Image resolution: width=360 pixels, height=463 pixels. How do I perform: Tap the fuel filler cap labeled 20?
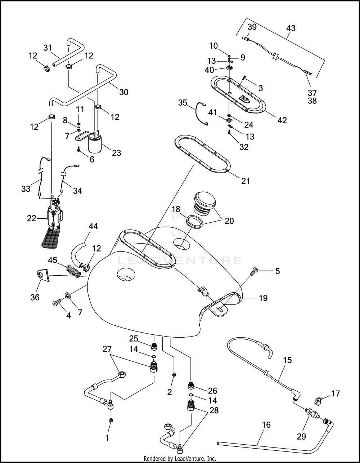204,202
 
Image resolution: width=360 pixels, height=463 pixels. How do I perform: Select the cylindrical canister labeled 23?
95,144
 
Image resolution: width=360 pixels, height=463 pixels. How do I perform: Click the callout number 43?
291,28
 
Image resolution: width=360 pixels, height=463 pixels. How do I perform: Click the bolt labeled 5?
255,271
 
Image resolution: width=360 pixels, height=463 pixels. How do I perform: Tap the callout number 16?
266,425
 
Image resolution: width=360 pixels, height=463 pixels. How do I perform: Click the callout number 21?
246,181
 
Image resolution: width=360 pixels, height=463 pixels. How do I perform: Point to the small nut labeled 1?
111,420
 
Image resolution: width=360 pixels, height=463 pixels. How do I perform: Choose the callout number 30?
123,92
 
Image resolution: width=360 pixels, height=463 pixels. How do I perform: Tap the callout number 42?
282,120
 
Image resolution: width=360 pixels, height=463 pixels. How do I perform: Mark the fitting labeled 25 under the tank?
154,347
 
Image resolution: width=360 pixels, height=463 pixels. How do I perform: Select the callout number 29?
301,437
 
